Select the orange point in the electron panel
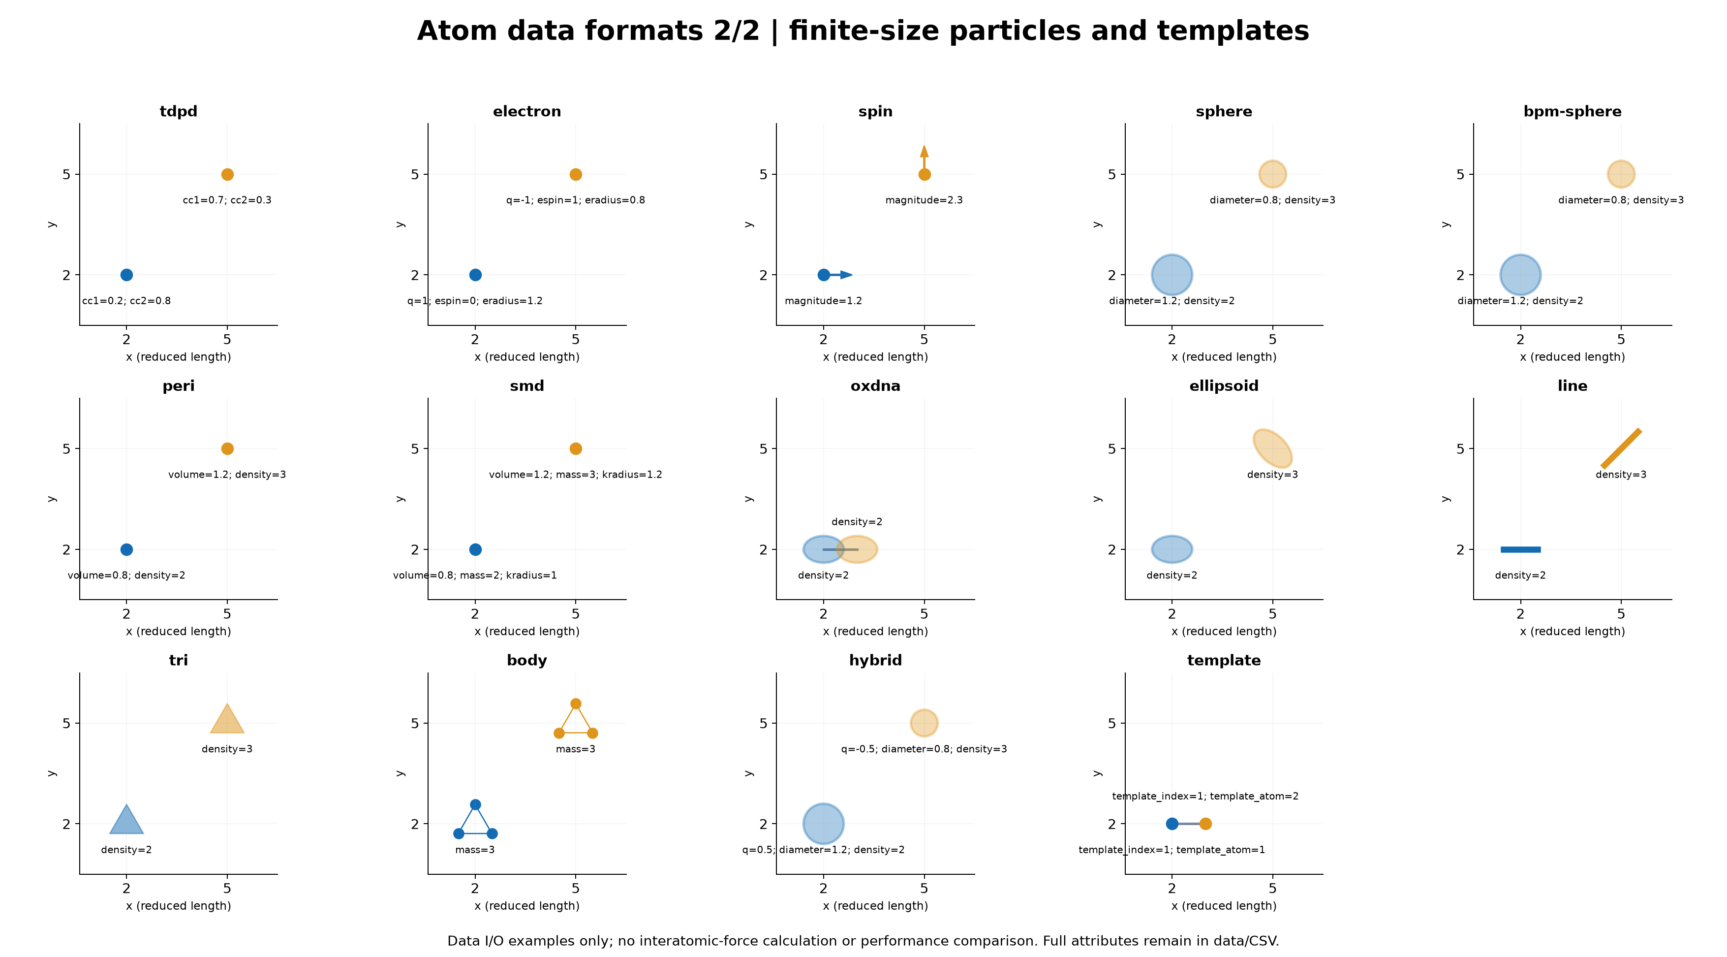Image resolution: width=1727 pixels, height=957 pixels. [x=576, y=174]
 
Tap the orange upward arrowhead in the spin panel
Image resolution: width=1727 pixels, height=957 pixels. [x=925, y=152]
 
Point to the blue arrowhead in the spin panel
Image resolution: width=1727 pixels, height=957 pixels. [x=847, y=275]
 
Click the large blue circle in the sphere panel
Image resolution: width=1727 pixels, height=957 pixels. [x=1172, y=275]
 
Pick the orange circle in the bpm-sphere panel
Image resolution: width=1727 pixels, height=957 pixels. [x=1621, y=174]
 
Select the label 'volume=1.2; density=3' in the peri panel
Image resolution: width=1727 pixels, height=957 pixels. [x=227, y=475]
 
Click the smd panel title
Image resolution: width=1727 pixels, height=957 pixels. [x=527, y=386]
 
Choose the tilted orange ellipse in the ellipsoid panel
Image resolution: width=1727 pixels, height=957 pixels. [x=1272, y=448]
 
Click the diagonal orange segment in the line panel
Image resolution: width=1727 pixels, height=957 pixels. [x=1621, y=448]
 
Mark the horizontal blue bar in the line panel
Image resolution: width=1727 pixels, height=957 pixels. [x=1520, y=550]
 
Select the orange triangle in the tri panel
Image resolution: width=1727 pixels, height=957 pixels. [x=227, y=720]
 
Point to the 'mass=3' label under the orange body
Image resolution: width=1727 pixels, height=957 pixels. [x=576, y=749]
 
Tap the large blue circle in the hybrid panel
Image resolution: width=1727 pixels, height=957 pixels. [x=823, y=824]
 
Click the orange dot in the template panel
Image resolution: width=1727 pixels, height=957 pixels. [x=1205, y=824]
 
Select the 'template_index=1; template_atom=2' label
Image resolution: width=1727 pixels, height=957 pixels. [x=1205, y=797]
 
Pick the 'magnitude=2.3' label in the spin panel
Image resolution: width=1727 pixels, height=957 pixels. [x=924, y=200]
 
